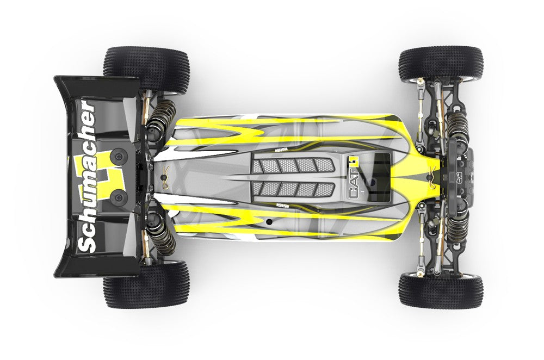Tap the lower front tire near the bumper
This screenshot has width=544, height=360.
point(440,290)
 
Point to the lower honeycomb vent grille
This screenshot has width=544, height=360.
point(294,190)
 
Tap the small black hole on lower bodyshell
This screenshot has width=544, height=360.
point(269,222)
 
